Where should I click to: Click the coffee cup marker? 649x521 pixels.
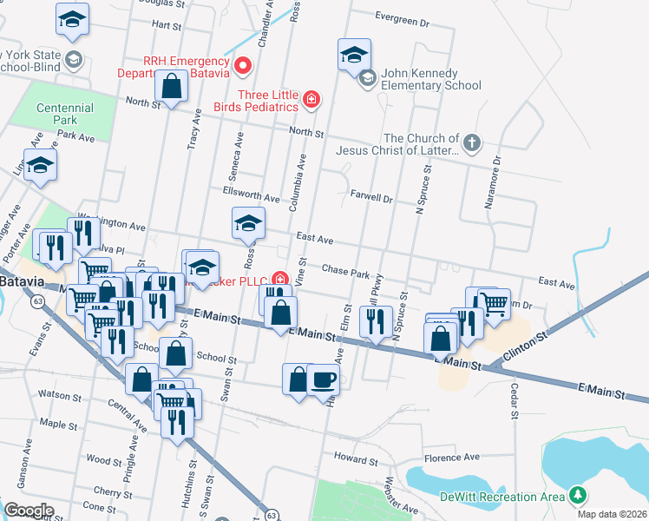pyautogui.click(x=324, y=379)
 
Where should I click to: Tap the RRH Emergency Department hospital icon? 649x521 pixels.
pyautogui.click(x=244, y=65)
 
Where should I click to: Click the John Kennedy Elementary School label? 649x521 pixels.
pyautogui.click(x=431, y=85)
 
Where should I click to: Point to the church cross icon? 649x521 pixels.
pyautogui.click(x=471, y=142)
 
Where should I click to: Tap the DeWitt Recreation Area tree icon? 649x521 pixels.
pyautogui.click(x=575, y=495)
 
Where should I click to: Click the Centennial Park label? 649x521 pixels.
pyautogui.click(x=65, y=114)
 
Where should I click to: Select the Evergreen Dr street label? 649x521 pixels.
pyautogui.click(x=403, y=16)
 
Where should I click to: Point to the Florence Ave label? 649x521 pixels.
pyautogui.click(x=452, y=457)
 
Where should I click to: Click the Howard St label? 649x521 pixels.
pyautogui.click(x=352, y=458)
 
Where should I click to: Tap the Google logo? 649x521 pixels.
pyautogui.click(x=29, y=511)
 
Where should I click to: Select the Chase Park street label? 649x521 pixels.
pyautogui.click(x=346, y=271)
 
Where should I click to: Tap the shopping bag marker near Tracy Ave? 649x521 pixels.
pyautogui.click(x=172, y=86)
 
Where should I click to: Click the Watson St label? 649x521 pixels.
pyautogui.click(x=60, y=395)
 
